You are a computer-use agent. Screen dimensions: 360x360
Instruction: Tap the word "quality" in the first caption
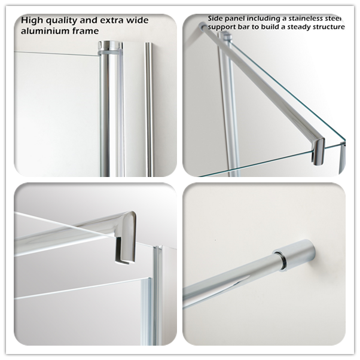[x=61, y=21]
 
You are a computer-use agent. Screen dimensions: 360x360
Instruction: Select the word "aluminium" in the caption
[x=45, y=30]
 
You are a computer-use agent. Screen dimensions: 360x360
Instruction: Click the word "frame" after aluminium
[x=86, y=30]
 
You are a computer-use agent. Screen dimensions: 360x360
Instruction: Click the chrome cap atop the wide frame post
[x=110, y=47]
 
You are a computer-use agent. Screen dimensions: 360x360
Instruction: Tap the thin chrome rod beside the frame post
[x=149, y=109]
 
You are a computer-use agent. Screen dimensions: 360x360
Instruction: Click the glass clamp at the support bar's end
[x=318, y=151]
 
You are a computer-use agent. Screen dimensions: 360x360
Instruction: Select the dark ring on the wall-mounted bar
[x=281, y=260]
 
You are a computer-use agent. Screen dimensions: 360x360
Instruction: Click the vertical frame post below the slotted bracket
[x=157, y=295]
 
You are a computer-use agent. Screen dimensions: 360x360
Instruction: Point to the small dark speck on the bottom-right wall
[x=215, y=240]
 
